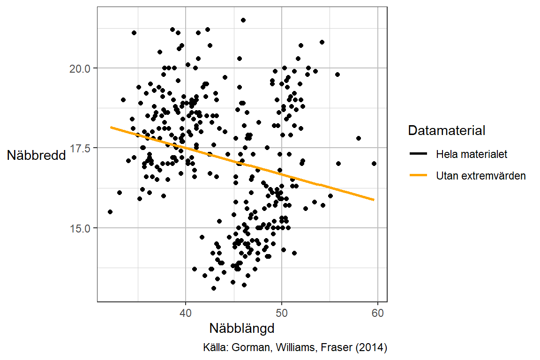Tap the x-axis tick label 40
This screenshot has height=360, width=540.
click(186, 313)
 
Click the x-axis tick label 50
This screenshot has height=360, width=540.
click(281, 313)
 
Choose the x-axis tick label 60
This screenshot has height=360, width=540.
click(377, 313)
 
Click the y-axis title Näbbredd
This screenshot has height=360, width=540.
click(36, 156)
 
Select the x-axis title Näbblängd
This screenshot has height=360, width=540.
click(241, 328)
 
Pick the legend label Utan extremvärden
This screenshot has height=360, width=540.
click(480, 176)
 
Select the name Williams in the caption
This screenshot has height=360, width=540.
click(296, 348)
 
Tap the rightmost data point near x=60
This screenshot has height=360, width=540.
click(374, 164)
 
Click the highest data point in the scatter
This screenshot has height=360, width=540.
click(243, 20)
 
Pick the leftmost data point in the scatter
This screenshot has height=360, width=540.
click(110, 212)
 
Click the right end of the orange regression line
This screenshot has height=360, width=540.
click(374, 200)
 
